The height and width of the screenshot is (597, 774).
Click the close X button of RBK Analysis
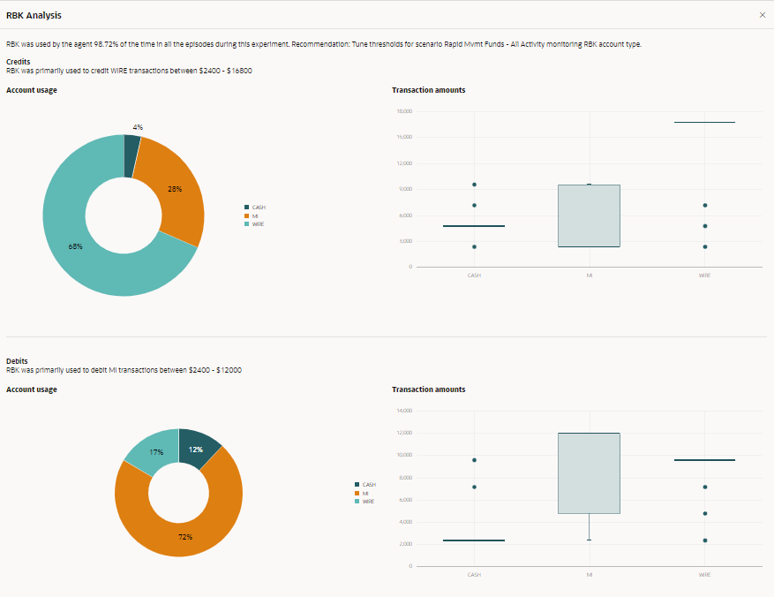click(x=763, y=15)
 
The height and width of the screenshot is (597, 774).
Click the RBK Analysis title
click(x=34, y=15)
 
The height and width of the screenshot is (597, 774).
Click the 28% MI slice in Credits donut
click(x=177, y=190)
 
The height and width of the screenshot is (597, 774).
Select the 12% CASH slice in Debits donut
click(x=198, y=448)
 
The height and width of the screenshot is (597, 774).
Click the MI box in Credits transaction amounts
click(x=589, y=215)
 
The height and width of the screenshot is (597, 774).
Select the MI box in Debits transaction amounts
click(x=589, y=472)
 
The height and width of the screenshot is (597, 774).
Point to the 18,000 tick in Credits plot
click(x=406, y=111)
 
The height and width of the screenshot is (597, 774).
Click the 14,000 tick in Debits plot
click(x=406, y=411)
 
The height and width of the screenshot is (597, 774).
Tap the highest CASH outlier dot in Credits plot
click(x=474, y=185)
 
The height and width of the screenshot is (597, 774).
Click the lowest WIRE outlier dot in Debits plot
click(x=704, y=540)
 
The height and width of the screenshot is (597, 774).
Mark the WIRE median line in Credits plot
click(x=704, y=122)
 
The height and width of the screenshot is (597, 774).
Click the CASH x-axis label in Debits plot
click(x=474, y=575)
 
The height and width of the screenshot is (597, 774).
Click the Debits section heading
click(x=18, y=361)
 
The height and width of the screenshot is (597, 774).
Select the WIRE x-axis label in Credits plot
click(x=704, y=276)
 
